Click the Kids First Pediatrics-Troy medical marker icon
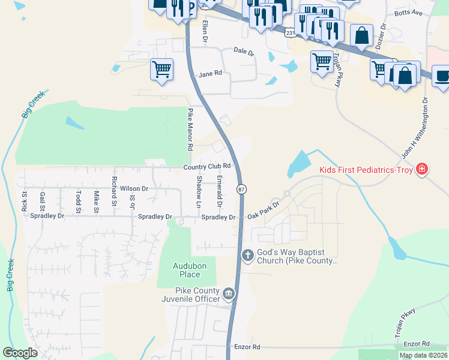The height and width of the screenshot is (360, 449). click(x=423, y=170)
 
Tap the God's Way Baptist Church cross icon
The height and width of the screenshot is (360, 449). click(x=247, y=256)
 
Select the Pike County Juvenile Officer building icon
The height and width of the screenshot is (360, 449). click(x=229, y=294)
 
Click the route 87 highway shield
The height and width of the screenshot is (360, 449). click(x=241, y=189)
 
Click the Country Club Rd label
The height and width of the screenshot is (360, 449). click(x=207, y=166)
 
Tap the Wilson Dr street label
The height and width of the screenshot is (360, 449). click(x=134, y=188)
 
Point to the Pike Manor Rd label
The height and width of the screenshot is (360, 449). click(x=190, y=129)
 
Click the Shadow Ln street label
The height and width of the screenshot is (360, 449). click(x=199, y=193)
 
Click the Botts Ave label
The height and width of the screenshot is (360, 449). click(x=409, y=13)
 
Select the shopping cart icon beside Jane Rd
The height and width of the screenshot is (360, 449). click(x=161, y=70)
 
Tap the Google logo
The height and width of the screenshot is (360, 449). click(x=20, y=353)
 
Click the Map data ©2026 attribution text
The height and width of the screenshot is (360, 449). click(x=423, y=355)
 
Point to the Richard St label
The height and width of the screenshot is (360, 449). click(x=114, y=191)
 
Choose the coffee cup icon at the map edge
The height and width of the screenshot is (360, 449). click(x=443, y=77)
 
